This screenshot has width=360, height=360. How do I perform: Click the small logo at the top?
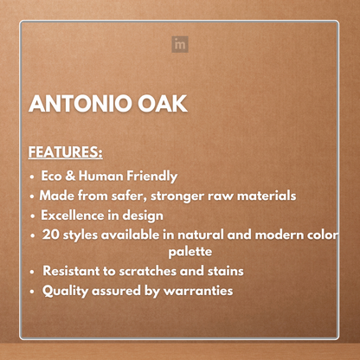click(x=180, y=44)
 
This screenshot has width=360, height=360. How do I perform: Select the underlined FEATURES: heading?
click(x=66, y=153)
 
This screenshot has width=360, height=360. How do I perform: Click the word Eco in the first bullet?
click(x=54, y=175)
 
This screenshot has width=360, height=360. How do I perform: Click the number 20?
click(x=51, y=235)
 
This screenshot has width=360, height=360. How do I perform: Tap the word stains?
click(x=222, y=271)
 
